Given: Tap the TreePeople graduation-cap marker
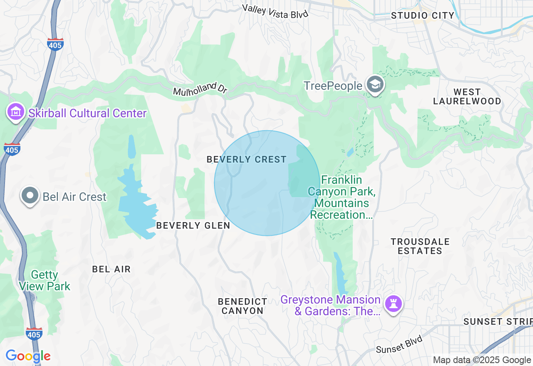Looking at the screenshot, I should [375, 85].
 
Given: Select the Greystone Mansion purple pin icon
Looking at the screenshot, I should [394, 304].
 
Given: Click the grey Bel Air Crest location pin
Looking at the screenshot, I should [30, 196].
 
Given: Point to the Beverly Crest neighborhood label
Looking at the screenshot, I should [247, 159].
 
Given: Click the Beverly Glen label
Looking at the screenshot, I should [193, 225].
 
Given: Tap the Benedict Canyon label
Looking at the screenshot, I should [242, 306].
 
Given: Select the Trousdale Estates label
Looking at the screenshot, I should [420, 246].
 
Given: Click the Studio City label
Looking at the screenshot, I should [423, 16].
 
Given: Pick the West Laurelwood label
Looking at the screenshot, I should [467, 96].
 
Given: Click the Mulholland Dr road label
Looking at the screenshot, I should [199, 89].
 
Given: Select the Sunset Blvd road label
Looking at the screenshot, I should [399, 344].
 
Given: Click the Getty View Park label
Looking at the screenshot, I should [44, 281].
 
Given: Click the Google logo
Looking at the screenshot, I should [28, 356].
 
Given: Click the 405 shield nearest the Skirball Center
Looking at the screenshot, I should [12, 149].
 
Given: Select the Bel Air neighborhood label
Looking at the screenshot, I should [111, 269].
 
